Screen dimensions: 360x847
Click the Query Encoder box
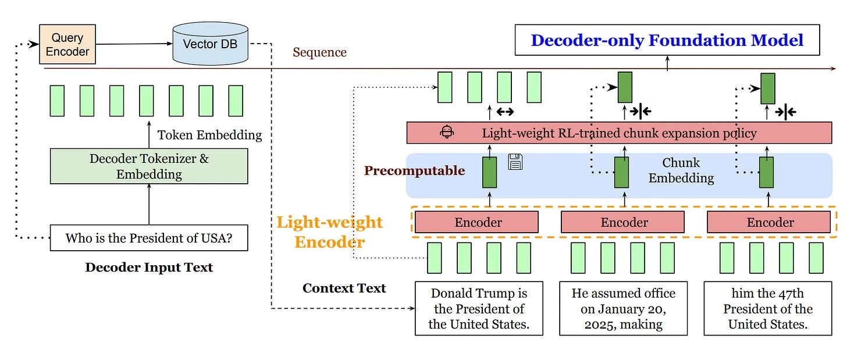[67, 44]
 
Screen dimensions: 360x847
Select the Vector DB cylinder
[210, 44]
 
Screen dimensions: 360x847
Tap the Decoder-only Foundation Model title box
[667, 40]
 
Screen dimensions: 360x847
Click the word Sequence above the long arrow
[319, 52]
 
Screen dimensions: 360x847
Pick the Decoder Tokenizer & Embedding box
[149, 166]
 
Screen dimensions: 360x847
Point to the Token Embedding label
[209, 135]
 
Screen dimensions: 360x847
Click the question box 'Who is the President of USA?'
[149, 237]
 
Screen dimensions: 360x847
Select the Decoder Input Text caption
[149, 268]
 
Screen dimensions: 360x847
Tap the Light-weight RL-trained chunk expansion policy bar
[619, 133]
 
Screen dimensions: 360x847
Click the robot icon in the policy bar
[447, 132]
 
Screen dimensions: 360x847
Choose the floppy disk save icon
[515, 162]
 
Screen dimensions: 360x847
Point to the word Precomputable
[414, 170]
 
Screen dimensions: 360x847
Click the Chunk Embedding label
[681, 170]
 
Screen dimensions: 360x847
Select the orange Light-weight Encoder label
[329, 231]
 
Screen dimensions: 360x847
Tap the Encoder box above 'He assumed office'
[624, 222]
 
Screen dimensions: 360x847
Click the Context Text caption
[344, 288]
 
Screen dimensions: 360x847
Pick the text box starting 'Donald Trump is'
[478, 308]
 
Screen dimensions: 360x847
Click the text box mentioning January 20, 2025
[624, 308]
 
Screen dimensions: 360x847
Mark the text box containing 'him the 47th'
[768, 308]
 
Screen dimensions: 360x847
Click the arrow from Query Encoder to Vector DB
[134, 44]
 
